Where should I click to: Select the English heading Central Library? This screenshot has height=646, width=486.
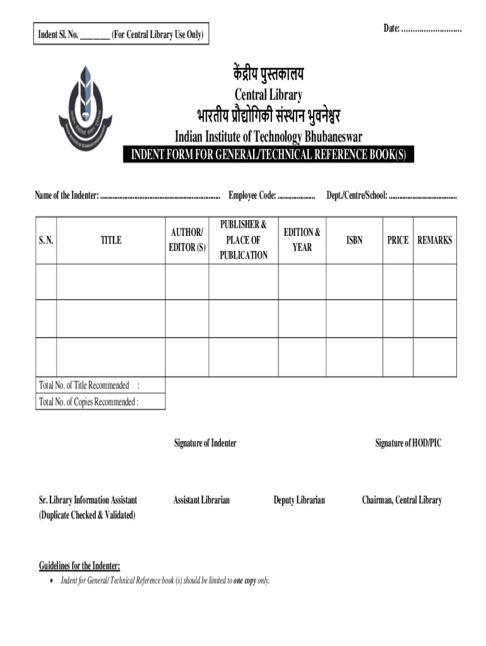click(268, 95)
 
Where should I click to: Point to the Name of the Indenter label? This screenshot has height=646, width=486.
click(67, 196)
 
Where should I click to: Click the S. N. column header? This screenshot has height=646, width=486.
click(46, 240)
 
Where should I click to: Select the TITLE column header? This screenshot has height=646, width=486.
click(111, 240)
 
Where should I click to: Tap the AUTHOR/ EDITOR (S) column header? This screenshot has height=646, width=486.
click(187, 240)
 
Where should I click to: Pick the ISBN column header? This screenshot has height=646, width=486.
click(355, 240)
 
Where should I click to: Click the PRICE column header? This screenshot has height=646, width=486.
click(398, 240)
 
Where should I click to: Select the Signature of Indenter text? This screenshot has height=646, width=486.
click(205, 443)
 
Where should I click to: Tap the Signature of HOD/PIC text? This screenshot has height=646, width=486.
click(408, 443)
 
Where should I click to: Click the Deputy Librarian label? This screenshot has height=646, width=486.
click(299, 500)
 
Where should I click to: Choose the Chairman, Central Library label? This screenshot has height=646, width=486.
click(401, 500)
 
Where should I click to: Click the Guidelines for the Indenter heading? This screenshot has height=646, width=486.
click(80, 565)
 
